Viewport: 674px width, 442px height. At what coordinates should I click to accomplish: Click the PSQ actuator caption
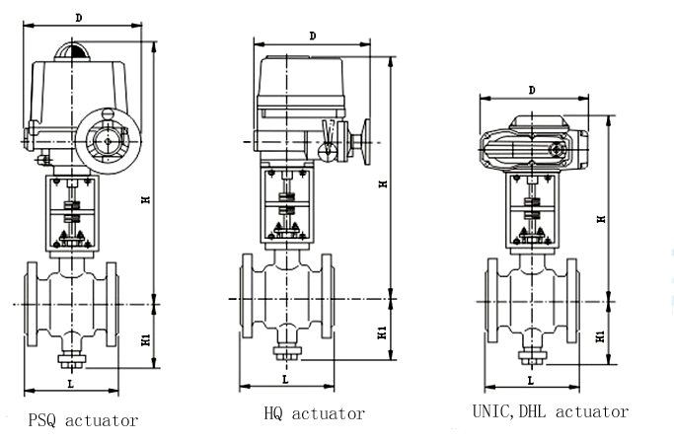point(83,421)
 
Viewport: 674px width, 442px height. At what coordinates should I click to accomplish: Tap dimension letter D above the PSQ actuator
point(77,17)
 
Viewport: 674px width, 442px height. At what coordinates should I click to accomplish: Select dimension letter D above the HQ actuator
point(312,36)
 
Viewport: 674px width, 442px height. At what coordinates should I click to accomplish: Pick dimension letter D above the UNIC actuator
point(531,90)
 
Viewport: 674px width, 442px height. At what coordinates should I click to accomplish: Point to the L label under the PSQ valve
point(69,382)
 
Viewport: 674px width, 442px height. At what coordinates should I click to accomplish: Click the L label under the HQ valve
point(285,378)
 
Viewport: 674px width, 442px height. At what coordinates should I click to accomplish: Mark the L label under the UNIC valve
point(530,379)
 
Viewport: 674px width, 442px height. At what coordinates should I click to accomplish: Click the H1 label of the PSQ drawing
point(145,338)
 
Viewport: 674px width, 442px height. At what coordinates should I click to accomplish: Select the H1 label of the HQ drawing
point(382,332)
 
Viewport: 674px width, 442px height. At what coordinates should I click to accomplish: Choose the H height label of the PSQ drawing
point(145,200)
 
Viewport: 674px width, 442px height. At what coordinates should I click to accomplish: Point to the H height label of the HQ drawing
point(382,183)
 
